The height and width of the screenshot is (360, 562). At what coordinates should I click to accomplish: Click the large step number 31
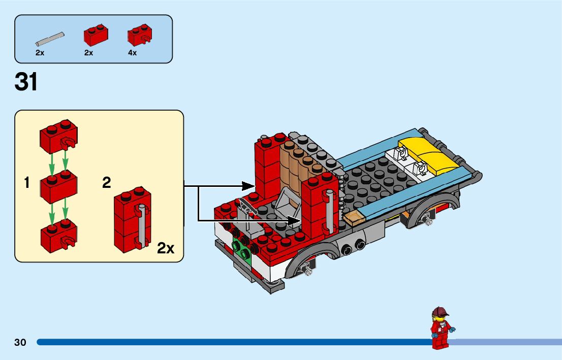(26, 82)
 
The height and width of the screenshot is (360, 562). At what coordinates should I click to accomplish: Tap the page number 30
(20, 342)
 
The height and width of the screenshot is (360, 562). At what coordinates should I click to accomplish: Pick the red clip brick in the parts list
(139, 36)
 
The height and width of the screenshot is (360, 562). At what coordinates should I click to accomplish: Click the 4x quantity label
(132, 53)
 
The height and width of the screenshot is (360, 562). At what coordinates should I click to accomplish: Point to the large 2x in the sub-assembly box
(166, 248)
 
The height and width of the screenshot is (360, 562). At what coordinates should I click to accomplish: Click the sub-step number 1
(27, 183)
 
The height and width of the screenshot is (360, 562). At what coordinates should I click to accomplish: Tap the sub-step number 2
(106, 183)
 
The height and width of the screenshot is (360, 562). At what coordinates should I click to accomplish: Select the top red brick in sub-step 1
(58, 137)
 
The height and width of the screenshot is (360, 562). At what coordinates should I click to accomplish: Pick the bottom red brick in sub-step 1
(59, 234)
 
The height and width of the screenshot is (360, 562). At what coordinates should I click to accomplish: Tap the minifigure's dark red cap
(440, 311)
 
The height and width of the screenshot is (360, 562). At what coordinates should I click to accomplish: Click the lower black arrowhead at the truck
(294, 220)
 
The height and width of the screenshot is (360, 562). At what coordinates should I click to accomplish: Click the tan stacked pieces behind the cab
(293, 165)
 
